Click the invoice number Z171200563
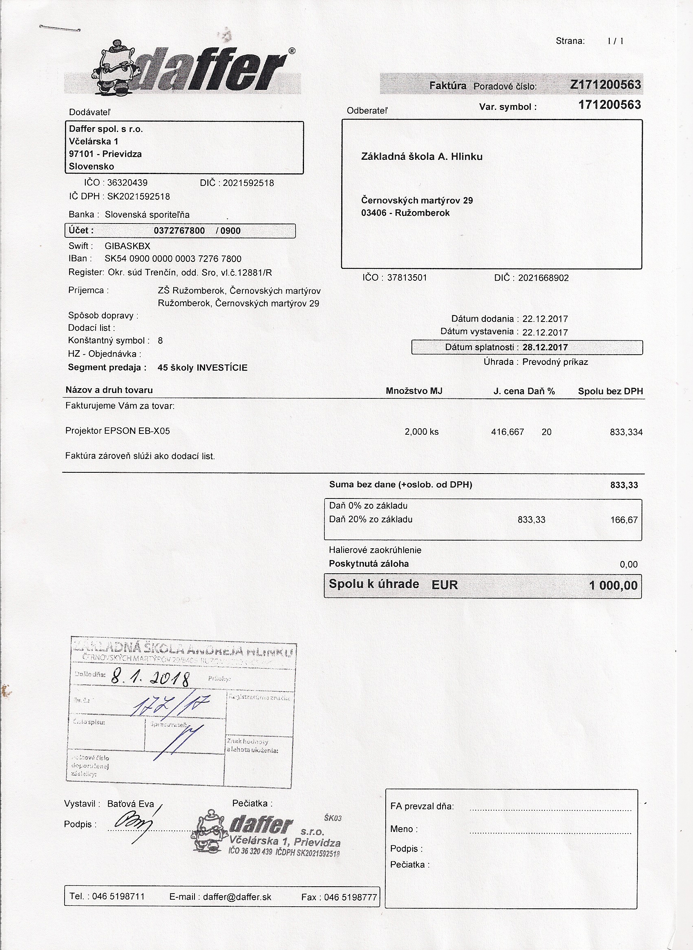[x=605, y=85]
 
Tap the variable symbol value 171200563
[x=609, y=105]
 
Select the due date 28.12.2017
[x=545, y=347]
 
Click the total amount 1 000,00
[x=613, y=585]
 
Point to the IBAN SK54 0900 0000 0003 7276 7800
[x=173, y=259]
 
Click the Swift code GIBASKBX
[x=127, y=246]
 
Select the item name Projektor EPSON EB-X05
[x=117, y=431]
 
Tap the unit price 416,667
[x=507, y=431]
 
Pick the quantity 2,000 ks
[x=421, y=431]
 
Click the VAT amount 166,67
[x=624, y=520]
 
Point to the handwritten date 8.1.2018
[x=151, y=677]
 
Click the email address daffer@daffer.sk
[x=237, y=897]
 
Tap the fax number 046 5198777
[x=350, y=897]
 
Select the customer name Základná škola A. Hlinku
[x=422, y=156]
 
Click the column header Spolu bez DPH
[x=610, y=391]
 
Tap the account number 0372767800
[x=179, y=231]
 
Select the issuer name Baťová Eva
[x=130, y=804]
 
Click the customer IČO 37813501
[x=407, y=278]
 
